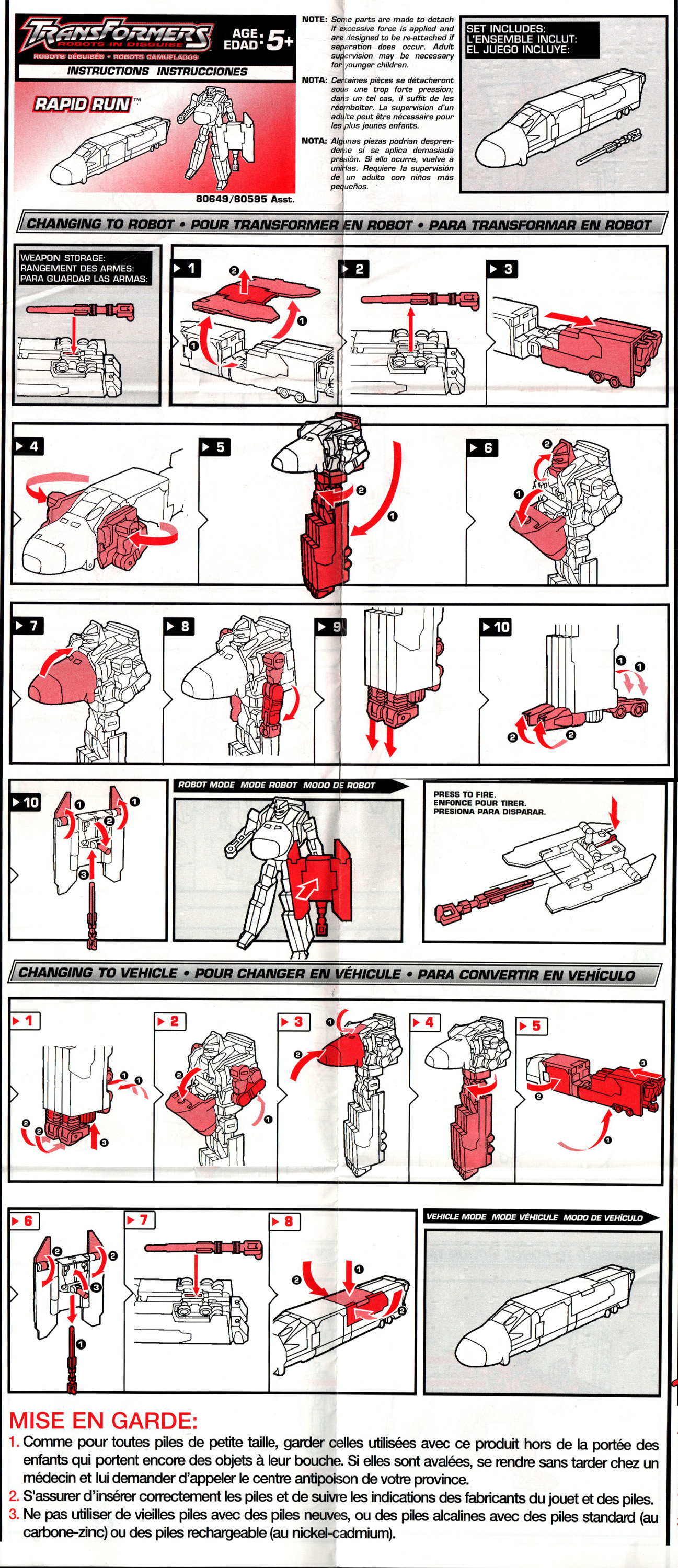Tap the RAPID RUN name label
[82, 104]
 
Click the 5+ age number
[280, 41]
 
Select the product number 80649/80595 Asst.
[245, 199]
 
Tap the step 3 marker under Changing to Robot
[502, 269]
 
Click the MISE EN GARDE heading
[104, 1421]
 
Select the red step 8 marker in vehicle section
[285, 1221]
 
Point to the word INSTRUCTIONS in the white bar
[107, 71]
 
